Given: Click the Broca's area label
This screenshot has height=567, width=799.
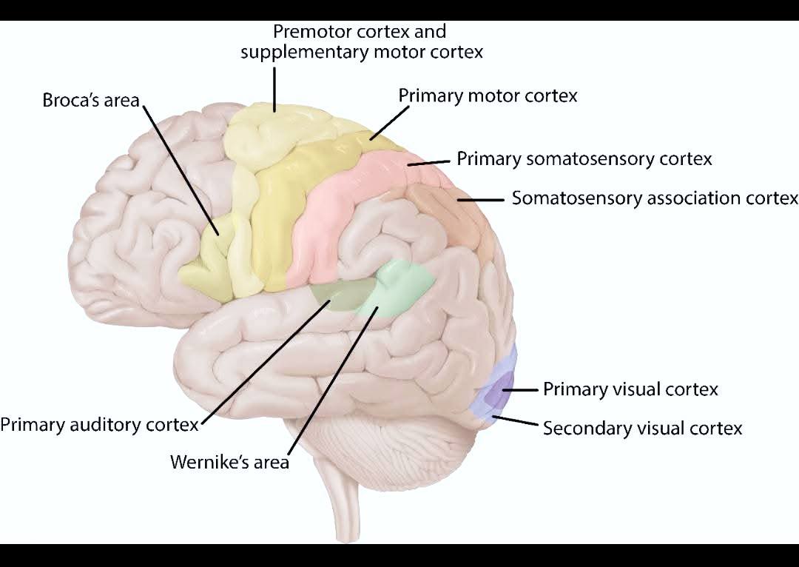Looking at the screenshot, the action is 91,100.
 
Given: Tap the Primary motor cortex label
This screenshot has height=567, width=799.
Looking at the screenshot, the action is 488,96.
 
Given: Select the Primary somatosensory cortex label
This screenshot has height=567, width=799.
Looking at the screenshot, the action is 584,158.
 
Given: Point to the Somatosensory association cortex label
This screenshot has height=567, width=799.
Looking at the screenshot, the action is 655,198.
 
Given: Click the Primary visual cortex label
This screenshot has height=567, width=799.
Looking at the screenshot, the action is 630,389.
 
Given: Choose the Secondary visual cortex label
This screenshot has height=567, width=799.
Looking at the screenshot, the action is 643,428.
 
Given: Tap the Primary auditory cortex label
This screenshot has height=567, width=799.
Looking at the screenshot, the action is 99,424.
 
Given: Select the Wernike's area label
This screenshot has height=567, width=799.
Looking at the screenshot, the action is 230,462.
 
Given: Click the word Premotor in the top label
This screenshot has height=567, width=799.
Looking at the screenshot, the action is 312,32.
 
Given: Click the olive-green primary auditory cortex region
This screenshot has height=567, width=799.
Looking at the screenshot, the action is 340,294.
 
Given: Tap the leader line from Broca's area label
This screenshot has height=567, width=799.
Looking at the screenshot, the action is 181,170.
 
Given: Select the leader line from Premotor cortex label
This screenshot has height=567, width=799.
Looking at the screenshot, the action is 274,90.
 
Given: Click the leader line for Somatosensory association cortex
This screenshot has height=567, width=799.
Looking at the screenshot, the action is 481,200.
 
